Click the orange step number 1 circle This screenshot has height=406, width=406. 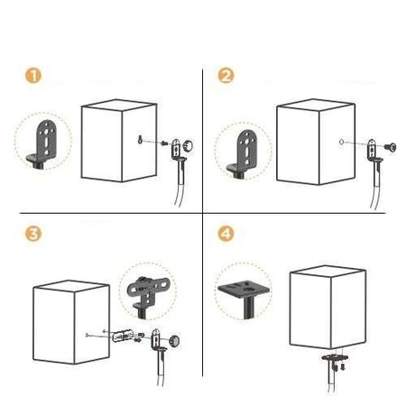click(33, 75)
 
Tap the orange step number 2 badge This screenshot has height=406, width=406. click(226, 75)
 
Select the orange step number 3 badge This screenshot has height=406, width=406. click(33, 234)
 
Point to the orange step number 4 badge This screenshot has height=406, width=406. click(226, 234)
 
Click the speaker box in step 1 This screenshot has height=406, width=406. click(119, 141)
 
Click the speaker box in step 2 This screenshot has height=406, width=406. click(316, 142)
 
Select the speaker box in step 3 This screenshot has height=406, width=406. click(71, 322)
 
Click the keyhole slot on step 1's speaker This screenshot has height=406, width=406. click(140, 140)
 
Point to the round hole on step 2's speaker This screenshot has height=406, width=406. click(341, 142)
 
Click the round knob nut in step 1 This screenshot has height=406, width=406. click(189, 145)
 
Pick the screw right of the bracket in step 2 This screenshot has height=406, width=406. click(391, 147)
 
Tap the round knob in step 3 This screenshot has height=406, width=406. click(174, 340)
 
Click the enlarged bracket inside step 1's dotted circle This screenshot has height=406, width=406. click(42, 143)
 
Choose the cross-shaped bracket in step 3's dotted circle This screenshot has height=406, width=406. click(148, 295)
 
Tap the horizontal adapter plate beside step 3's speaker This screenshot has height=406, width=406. click(123, 337)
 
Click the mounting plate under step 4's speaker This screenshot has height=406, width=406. click(335, 357)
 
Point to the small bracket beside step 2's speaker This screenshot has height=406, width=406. click(373, 151)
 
